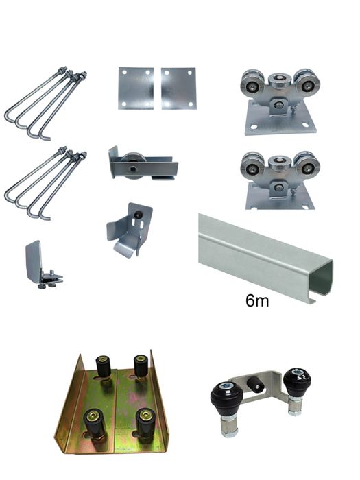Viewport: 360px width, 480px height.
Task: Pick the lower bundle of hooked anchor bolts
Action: [45, 181]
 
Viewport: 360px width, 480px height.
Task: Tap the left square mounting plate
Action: [136, 88]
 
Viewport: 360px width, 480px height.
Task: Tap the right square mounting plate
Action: [178, 88]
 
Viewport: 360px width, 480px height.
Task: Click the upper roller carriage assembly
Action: [278, 103]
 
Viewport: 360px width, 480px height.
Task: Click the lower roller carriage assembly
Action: [278, 179]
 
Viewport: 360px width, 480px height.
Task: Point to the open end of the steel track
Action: [322, 278]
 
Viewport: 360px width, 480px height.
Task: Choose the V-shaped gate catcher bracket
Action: [130, 230]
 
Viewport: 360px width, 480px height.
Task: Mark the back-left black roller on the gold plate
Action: [104, 368]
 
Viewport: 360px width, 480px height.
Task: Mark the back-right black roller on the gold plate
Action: [141, 367]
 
